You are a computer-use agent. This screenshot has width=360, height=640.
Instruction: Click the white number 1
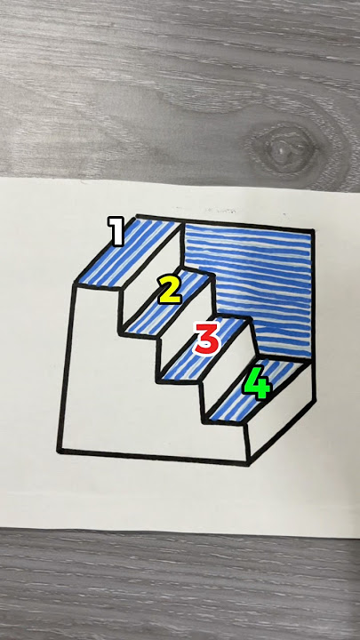pos(116,232)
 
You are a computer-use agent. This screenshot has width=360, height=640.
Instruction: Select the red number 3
pos(206,338)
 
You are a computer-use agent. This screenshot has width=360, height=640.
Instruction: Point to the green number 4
pos(257,383)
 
